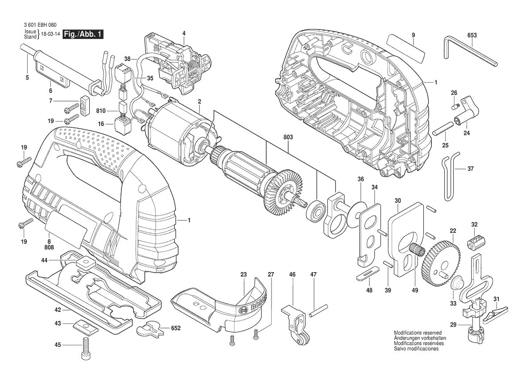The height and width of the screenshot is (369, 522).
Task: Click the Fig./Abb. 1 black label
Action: pos(83,34)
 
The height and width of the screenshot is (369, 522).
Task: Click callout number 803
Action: pos(288,138)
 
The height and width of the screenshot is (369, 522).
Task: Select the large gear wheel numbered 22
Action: pos(442,264)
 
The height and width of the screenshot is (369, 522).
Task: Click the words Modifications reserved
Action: pos(418,333)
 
